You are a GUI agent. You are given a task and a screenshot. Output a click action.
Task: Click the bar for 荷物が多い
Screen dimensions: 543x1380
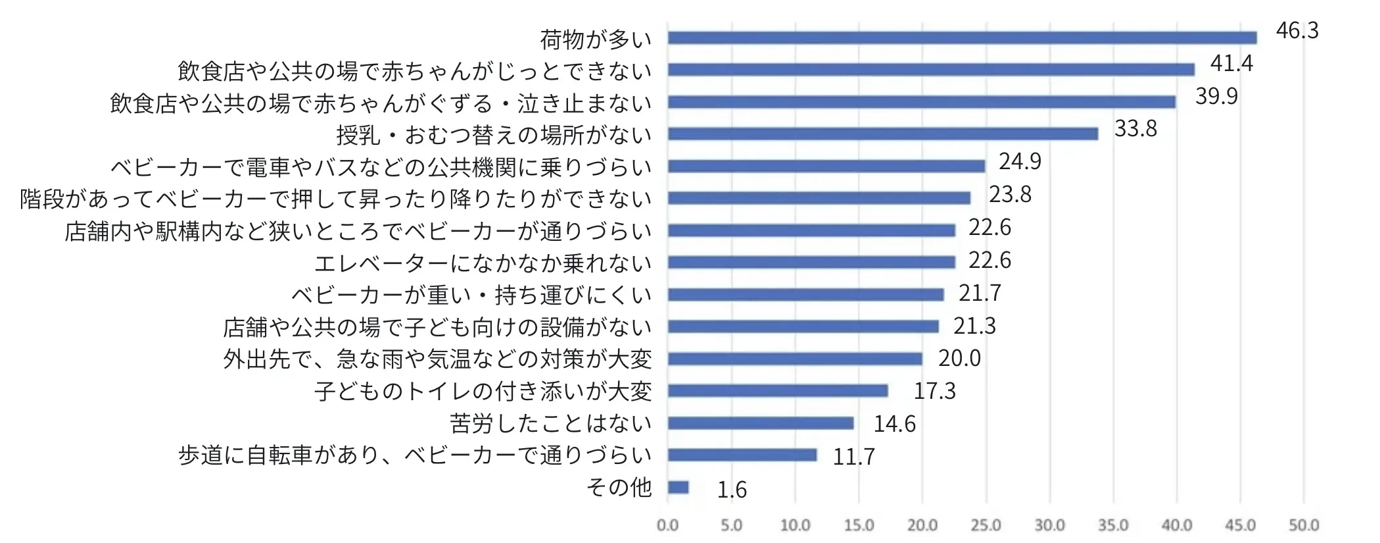pyautogui.click(x=962, y=38)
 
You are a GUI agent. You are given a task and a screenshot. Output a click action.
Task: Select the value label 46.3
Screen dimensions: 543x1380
pyautogui.click(x=1297, y=30)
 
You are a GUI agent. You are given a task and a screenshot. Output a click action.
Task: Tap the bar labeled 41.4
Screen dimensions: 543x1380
pyautogui.click(x=931, y=70)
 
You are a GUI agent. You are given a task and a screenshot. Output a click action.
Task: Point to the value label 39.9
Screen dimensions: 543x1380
pyautogui.click(x=1216, y=96)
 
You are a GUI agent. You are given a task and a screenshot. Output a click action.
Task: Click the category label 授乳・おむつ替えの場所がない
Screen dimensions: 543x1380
pyautogui.click(x=494, y=135)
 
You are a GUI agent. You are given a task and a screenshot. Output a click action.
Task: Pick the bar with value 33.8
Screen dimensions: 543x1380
pyautogui.click(x=883, y=134)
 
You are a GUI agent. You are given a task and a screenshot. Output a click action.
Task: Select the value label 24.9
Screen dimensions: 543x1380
pyautogui.click(x=1020, y=161)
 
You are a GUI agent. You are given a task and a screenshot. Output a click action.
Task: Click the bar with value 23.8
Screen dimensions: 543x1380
pyautogui.click(x=819, y=197)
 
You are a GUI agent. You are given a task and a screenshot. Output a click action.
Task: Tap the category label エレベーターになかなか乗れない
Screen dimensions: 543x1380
pyautogui.click(x=483, y=263)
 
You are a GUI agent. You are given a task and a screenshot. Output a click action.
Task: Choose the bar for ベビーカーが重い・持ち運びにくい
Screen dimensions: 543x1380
pyautogui.click(x=806, y=294)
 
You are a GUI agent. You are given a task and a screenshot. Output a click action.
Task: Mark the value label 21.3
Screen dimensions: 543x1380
pyautogui.click(x=974, y=326)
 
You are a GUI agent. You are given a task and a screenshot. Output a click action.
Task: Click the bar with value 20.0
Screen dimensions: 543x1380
pyautogui.click(x=795, y=359)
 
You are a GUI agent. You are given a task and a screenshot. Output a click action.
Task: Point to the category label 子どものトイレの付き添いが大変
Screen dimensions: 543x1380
pyautogui.click(x=483, y=392)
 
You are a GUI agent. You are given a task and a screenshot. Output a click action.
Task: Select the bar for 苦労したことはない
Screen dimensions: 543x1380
pyautogui.click(x=761, y=423)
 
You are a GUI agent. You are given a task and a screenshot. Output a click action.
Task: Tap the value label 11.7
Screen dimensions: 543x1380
pyautogui.click(x=853, y=456)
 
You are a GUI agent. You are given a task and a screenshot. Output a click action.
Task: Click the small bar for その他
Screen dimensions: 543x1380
pyautogui.click(x=678, y=487)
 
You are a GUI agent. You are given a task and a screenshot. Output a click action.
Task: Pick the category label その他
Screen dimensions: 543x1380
pyautogui.click(x=619, y=488)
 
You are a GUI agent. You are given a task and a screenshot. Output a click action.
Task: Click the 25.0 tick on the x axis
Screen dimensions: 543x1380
pyautogui.click(x=986, y=525)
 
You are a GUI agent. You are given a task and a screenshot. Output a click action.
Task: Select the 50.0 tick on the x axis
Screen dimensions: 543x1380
pyautogui.click(x=1304, y=525)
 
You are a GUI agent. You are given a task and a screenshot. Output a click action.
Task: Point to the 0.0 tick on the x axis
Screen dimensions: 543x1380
pyautogui.click(x=668, y=525)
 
